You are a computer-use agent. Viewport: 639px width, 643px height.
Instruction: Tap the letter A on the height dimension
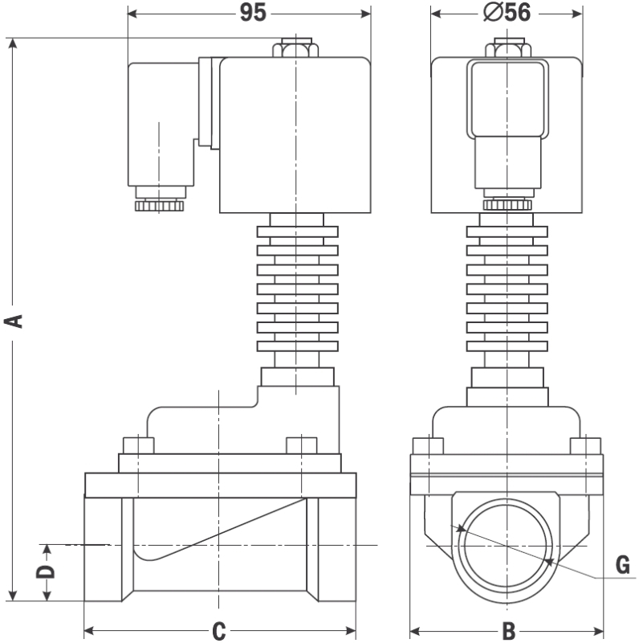click(13, 321)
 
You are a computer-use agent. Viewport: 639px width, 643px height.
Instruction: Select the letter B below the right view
click(509, 632)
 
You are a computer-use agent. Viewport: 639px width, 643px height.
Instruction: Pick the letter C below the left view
click(219, 632)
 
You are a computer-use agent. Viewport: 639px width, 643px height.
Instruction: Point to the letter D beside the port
click(47, 572)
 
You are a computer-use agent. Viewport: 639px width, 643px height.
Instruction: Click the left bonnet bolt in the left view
click(138, 445)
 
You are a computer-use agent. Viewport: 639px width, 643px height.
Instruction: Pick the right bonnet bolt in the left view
click(301, 445)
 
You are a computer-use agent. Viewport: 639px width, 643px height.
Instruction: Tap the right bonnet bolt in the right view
click(585, 446)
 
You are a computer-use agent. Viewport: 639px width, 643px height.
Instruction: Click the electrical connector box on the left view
click(161, 125)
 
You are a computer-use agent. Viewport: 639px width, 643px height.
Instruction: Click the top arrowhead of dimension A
click(13, 44)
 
